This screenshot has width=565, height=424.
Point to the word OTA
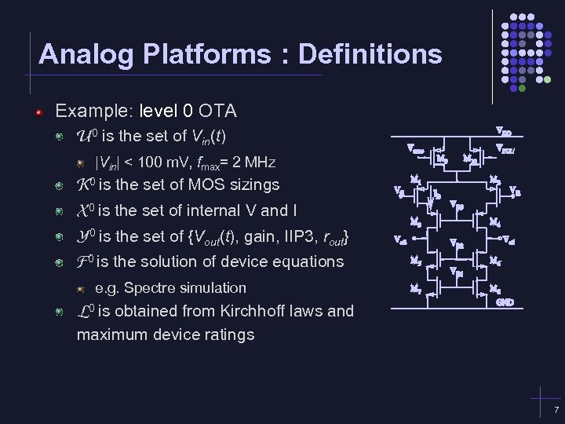click(x=218, y=111)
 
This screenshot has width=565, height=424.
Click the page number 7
click(x=556, y=411)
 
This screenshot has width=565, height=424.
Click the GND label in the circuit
click(x=505, y=302)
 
